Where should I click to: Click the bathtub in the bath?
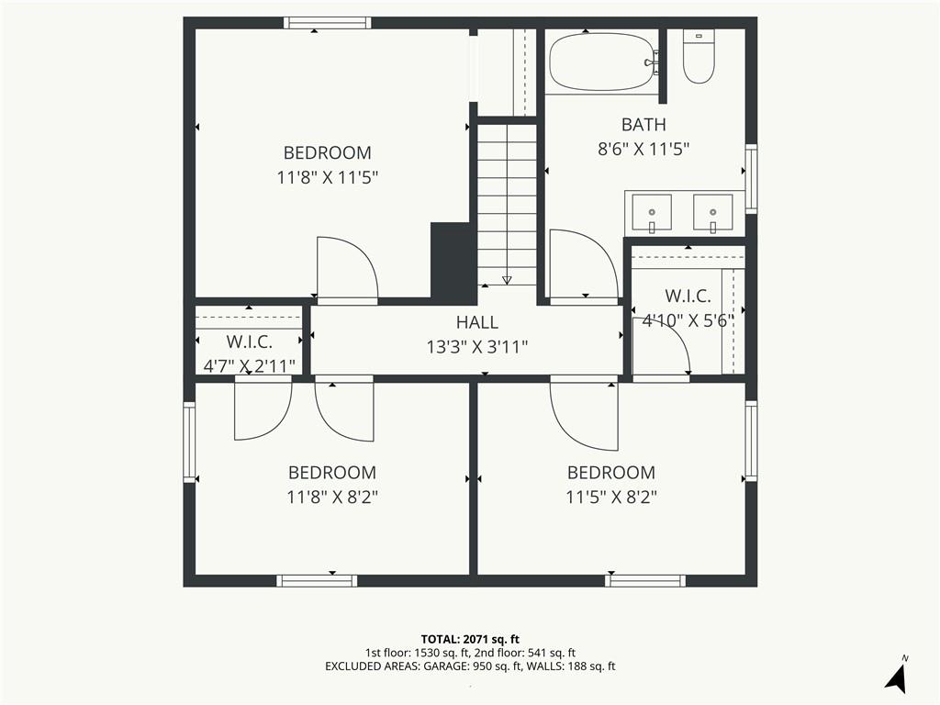tap(602, 62)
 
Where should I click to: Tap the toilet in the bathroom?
tap(699, 56)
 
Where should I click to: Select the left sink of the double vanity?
tap(652, 213)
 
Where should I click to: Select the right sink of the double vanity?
tap(712, 213)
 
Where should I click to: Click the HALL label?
tap(477, 322)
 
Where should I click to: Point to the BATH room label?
tap(643, 125)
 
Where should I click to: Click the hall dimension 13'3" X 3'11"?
tap(477, 347)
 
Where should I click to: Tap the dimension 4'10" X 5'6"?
tap(688, 320)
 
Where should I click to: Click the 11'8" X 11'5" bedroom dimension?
tap(328, 178)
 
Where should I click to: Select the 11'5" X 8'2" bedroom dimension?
tap(611, 498)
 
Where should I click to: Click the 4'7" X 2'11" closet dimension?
tap(250, 365)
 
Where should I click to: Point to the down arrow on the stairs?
tap(507, 280)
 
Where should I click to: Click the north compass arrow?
tap(895, 678)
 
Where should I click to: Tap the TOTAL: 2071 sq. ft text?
tap(469, 639)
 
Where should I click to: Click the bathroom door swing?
tap(584, 263)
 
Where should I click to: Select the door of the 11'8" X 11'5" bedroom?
tap(347, 268)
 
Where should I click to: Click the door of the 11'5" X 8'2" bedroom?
tap(584, 416)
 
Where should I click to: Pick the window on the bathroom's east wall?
tap(751, 178)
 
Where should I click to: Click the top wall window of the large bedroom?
tap(328, 23)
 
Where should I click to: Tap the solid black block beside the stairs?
tap(453, 260)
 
